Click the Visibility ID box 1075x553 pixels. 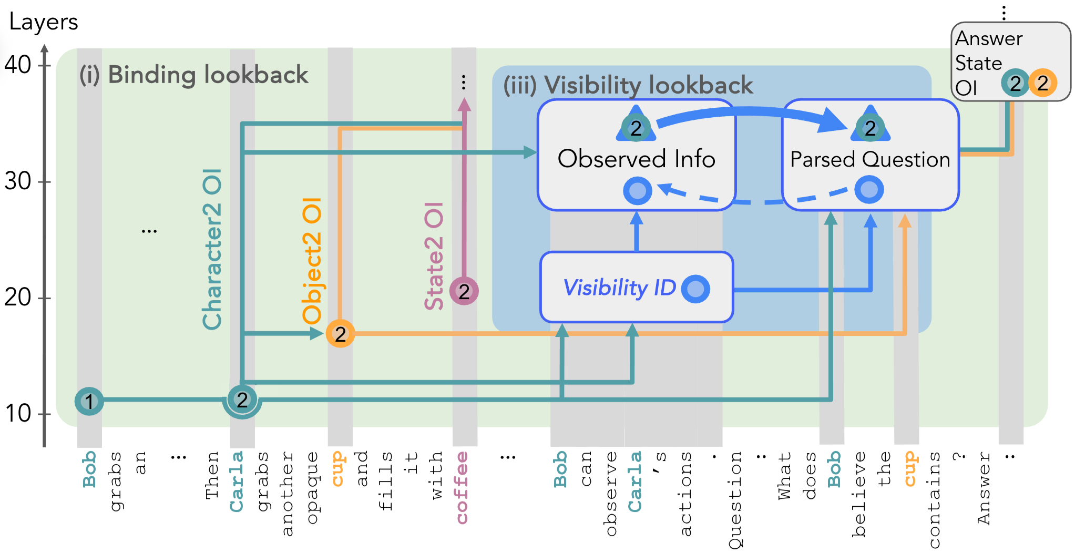(x=636, y=287)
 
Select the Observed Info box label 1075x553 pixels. (x=636, y=159)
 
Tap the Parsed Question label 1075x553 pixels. (x=870, y=159)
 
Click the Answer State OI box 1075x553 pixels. (x=1010, y=62)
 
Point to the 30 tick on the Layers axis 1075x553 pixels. (x=46, y=182)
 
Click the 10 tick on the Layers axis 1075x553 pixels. (x=46, y=414)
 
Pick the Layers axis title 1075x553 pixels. (x=44, y=22)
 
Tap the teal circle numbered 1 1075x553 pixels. (x=89, y=401)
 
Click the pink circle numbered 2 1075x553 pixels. (x=464, y=291)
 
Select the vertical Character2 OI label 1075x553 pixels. (x=212, y=250)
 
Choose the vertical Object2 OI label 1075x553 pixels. (x=312, y=261)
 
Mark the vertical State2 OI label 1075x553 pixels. (x=434, y=256)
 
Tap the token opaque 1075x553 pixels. (x=312, y=487)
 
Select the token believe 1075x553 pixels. (x=858, y=494)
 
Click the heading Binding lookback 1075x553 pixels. (x=194, y=75)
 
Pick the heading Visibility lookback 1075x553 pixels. (x=628, y=85)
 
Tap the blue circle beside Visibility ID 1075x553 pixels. (x=695, y=289)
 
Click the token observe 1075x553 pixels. (x=610, y=494)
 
